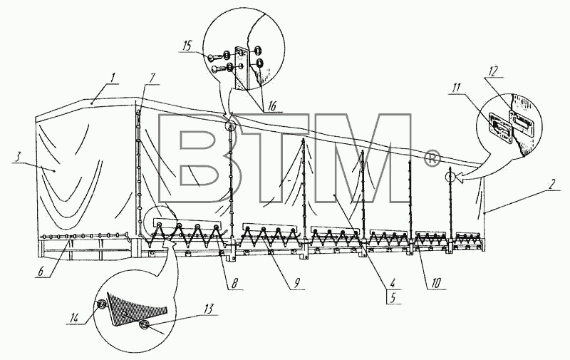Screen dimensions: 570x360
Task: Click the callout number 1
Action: (113, 78)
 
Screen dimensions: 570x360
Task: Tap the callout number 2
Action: (553, 184)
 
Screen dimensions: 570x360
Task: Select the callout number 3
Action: (17, 157)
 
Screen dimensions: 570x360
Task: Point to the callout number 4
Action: (393, 282)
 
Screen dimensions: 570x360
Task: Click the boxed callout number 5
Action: (393, 297)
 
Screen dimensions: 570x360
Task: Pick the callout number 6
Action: (41, 272)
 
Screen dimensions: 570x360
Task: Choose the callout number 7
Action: (152, 78)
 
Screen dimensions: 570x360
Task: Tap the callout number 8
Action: (235, 283)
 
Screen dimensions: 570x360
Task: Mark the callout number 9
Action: (296, 283)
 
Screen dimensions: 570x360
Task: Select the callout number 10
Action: (436, 282)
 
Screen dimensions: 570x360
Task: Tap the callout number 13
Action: (209, 309)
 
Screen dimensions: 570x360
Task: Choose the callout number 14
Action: (74, 318)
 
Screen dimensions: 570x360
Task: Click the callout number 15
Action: (187, 46)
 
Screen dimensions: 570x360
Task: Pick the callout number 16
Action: (271, 106)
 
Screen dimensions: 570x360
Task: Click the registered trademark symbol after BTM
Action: (432, 160)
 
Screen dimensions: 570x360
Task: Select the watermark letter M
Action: (362, 159)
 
